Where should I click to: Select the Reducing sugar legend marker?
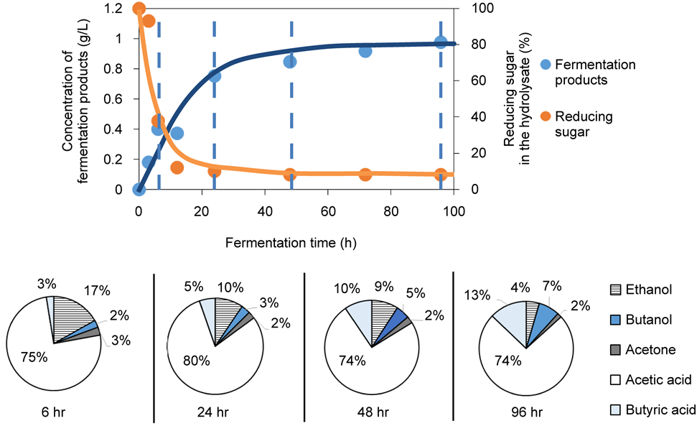546,116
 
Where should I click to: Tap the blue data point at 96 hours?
441,42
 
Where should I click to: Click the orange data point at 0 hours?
139,9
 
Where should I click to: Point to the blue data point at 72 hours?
365,51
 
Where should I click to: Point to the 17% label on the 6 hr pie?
95,291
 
